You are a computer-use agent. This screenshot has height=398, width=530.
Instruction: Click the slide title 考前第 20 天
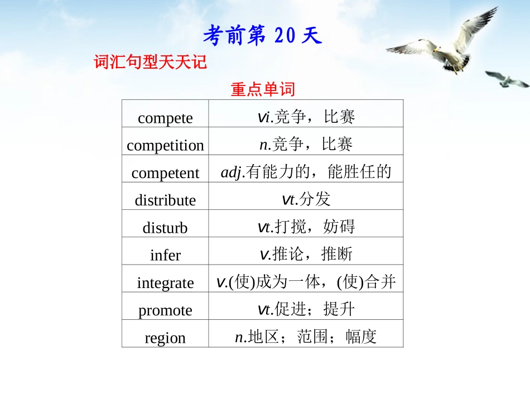tap(263, 37)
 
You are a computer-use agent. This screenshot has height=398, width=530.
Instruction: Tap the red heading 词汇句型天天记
tap(151, 63)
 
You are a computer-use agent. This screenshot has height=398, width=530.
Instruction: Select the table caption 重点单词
tap(262, 89)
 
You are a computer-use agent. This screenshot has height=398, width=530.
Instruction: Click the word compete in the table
tap(165, 118)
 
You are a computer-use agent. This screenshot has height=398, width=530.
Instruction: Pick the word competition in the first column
tap(165, 145)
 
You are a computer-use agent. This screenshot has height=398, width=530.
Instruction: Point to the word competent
tap(165, 172)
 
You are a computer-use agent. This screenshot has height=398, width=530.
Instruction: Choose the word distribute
tap(165, 200)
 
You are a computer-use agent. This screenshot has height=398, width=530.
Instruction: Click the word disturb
tap(165, 227)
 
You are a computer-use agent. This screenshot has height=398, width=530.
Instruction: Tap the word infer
tap(165, 255)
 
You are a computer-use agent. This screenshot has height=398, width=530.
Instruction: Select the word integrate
tap(165, 282)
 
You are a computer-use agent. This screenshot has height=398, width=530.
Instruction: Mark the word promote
tap(165, 310)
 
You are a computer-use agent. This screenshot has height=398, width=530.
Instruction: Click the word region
tap(165, 337)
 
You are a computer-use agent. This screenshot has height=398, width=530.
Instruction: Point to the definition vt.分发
tap(306, 199)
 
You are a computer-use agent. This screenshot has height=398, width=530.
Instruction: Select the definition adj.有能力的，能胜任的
tap(306, 172)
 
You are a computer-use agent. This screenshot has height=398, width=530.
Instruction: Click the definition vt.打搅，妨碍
tap(306, 226)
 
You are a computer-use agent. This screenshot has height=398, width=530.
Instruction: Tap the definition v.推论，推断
tap(306, 254)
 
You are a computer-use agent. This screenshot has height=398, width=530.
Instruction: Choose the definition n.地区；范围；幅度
tap(306, 336)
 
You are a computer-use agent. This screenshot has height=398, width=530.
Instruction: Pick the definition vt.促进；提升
tap(306, 309)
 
